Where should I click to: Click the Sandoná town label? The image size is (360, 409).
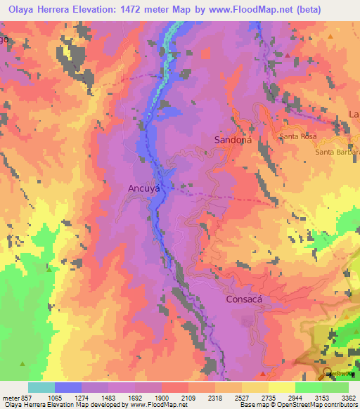(232, 141)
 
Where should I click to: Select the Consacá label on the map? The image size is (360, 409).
(245, 299)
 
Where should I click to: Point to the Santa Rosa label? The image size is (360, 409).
(298, 136)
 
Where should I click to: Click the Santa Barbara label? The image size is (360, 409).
(337, 152)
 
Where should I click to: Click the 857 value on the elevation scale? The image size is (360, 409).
(21, 397)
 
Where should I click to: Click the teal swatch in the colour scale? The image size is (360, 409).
(41, 387)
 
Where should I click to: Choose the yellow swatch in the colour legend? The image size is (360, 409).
(281, 387)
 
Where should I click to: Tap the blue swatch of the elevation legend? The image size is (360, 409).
(68, 387)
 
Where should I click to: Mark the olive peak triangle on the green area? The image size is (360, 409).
(23, 364)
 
